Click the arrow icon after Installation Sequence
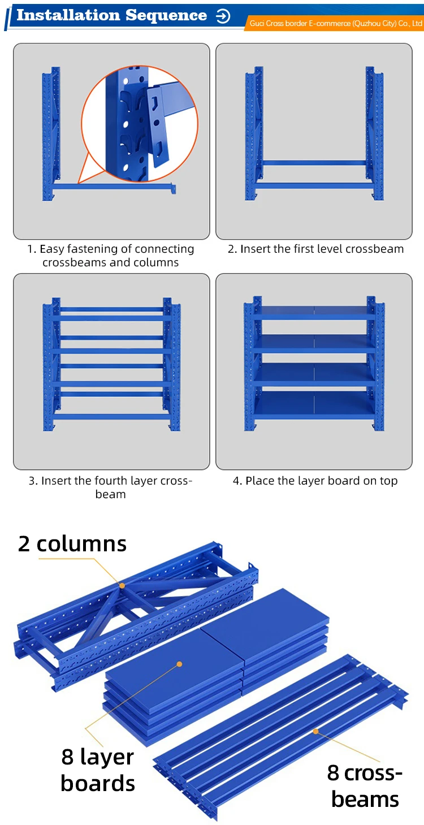point(223,16)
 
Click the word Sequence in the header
point(166,15)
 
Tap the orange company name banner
point(335,24)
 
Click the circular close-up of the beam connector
point(140,124)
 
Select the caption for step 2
point(315,249)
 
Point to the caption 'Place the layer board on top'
point(315,481)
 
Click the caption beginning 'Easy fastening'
point(110,256)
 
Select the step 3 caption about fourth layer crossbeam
point(110,487)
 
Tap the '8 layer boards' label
point(98,770)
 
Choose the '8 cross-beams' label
point(365,786)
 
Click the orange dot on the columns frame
point(122,586)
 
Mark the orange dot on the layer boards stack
point(179,664)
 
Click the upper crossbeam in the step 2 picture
point(314,162)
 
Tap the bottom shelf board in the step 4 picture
point(314,404)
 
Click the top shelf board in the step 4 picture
point(314,312)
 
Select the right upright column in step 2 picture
point(375,133)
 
